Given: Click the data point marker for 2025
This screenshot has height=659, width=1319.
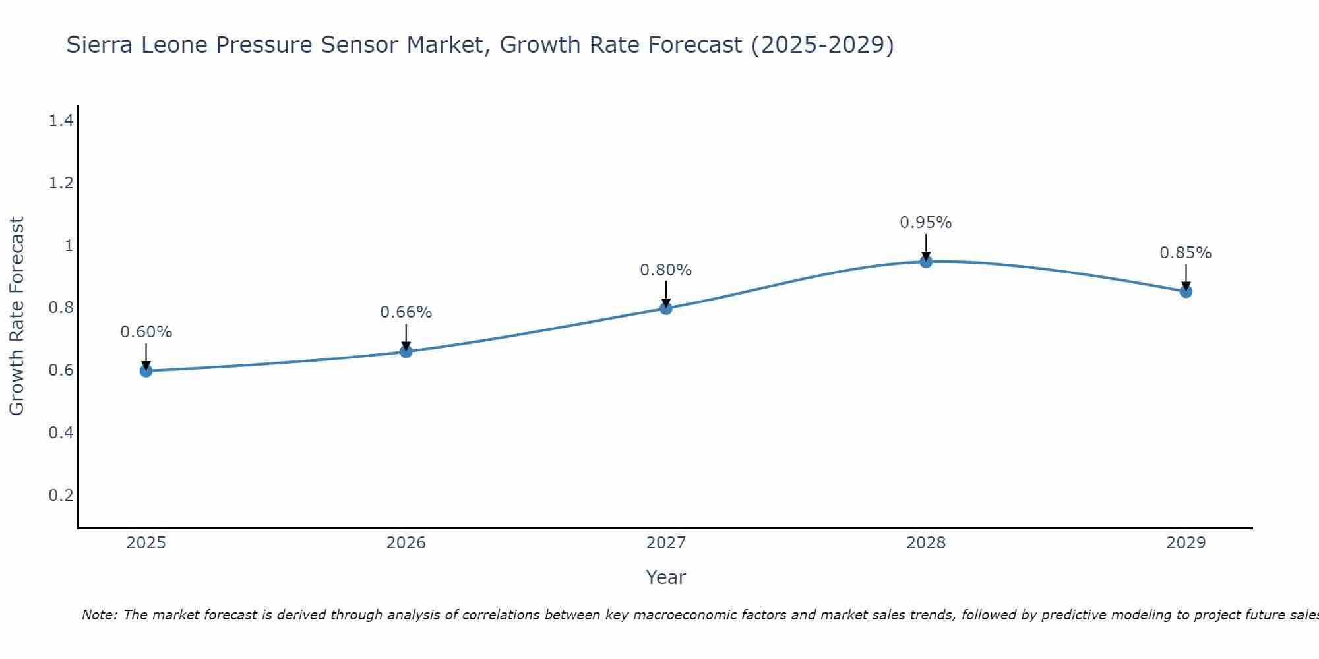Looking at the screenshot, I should [x=146, y=371].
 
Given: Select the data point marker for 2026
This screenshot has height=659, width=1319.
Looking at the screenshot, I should [x=406, y=352].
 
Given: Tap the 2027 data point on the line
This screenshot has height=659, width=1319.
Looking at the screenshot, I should [x=666, y=308].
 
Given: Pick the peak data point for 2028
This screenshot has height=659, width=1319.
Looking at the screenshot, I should [x=926, y=262].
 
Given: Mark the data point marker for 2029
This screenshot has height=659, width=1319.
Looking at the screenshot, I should [x=1186, y=291].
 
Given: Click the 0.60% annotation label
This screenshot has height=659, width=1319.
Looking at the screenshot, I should [x=146, y=332].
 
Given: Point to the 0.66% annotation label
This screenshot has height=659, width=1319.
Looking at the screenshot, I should [x=406, y=312].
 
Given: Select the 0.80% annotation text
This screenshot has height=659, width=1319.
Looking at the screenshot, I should [x=666, y=270].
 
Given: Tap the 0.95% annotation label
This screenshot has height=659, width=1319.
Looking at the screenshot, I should [x=926, y=223].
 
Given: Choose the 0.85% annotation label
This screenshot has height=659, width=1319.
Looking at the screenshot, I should [x=1186, y=253].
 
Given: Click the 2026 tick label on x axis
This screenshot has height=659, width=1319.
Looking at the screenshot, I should [x=406, y=543].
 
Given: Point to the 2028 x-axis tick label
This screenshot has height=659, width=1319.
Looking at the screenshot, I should [x=926, y=543].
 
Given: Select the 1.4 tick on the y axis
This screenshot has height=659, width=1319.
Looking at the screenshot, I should [x=61, y=121].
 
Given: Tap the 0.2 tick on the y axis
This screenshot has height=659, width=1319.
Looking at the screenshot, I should [x=61, y=495].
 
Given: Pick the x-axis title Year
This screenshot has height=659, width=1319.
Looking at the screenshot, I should [x=666, y=577].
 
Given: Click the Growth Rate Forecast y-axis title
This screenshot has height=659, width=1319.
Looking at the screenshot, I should [x=16, y=316].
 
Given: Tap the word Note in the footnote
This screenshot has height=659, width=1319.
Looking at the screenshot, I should [x=98, y=615].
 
